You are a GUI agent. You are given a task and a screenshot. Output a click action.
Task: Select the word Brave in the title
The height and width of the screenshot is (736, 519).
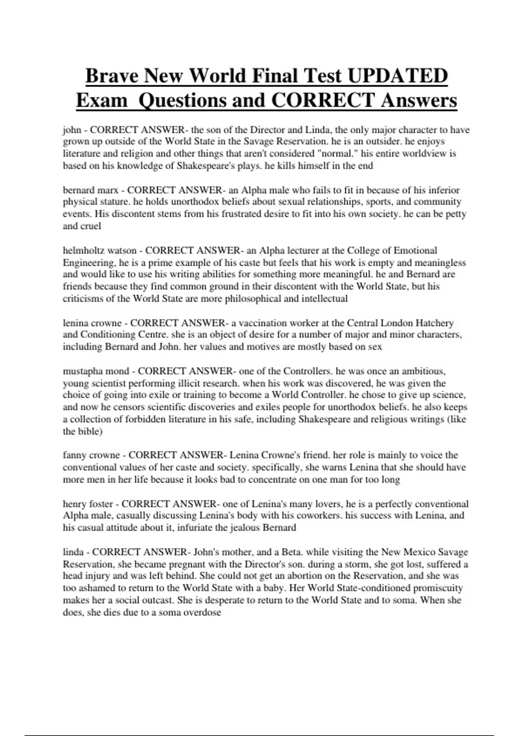point(112,76)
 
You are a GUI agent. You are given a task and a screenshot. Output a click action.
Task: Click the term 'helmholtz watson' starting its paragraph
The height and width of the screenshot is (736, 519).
point(99,250)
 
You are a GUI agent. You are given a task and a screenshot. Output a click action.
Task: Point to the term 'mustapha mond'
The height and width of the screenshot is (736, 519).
point(96,371)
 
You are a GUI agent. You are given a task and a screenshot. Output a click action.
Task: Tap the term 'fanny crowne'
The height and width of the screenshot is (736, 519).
point(91,455)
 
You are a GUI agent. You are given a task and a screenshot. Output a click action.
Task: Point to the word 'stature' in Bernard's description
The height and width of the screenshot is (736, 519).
point(114,202)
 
